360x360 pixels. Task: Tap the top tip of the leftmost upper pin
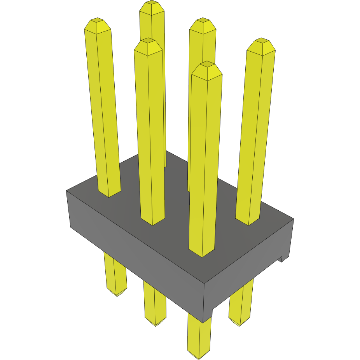pos(97,20)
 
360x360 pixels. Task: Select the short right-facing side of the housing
pos(249,268)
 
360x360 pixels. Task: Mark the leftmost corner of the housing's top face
pos(67,191)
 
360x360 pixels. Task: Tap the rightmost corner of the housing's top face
pos(293,219)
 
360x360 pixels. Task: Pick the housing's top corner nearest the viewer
pos(204,283)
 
